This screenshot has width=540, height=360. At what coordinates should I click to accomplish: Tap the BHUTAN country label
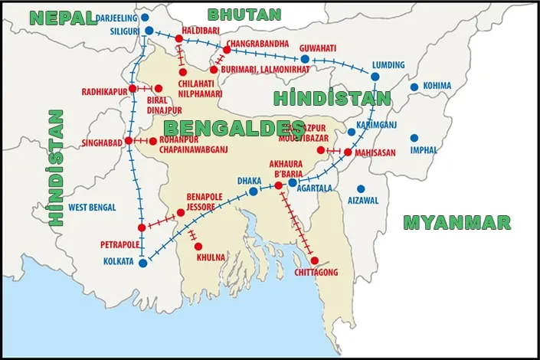pyautogui.click(x=244, y=14)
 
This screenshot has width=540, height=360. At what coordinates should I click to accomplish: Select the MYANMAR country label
pyautogui.click(x=457, y=222)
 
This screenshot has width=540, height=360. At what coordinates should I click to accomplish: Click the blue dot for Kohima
pyautogui.click(x=414, y=87)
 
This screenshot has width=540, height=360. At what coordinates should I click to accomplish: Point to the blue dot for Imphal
pyautogui.click(x=414, y=138)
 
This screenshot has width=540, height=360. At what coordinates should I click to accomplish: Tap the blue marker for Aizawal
pyautogui.click(x=361, y=188)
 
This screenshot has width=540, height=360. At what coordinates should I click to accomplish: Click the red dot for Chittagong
pyautogui.click(x=315, y=260)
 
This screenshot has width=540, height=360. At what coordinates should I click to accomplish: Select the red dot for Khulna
pyautogui.click(x=198, y=247)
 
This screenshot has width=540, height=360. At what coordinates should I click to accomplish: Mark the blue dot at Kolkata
pyautogui.click(x=142, y=262)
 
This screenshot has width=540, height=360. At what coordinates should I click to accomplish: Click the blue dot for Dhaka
pyautogui.click(x=254, y=191)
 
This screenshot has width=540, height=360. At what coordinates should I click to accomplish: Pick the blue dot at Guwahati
pyautogui.click(x=305, y=59)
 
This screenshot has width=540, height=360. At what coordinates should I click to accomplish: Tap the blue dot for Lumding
pyautogui.click(x=375, y=77)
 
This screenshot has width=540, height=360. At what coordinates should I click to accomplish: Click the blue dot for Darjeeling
pyautogui.click(x=146, y=17)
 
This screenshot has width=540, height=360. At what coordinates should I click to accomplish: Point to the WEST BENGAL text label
pyautogui.click(x=92, y=208)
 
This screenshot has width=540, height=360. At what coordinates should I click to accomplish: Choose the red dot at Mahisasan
pyautogui.click(x=348, y=152)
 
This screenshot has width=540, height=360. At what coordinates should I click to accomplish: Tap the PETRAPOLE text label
pyautogui.click(x=120, y=245)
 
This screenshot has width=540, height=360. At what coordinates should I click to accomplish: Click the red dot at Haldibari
pyautogui.click(x=179, y=38)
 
